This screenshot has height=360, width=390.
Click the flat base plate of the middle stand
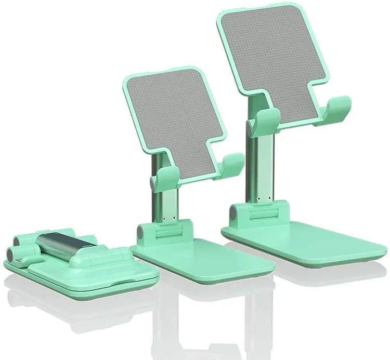(x=208, y=260)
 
